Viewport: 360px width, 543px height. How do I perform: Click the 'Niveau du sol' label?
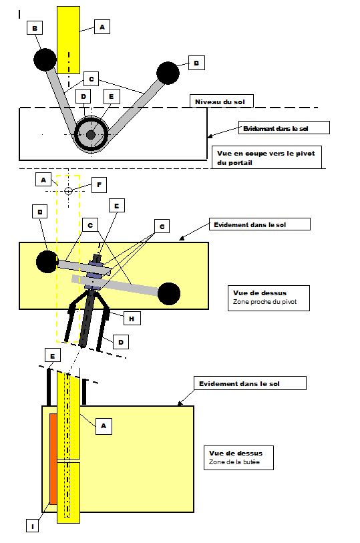[220, 102]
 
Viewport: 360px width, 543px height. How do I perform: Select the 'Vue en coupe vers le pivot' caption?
[266, 153]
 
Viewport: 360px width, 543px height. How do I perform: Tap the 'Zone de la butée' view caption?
[234, 462]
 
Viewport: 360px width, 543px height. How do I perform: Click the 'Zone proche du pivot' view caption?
[264, 302]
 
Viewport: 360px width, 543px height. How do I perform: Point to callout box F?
[99, 185]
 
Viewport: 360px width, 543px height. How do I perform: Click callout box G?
[162, 227]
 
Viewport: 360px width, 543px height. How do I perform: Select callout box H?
[131, 318]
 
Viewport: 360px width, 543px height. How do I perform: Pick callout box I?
[33, 526]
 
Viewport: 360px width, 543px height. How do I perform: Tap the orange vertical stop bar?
[53, 458]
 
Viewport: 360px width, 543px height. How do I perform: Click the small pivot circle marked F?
[69, 190]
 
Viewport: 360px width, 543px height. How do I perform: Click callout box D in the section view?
[83, 96]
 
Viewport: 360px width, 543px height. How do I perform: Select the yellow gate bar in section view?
[69, 40]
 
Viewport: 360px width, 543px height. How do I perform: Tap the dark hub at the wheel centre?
[91, 135]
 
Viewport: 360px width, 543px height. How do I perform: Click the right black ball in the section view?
[168, 73]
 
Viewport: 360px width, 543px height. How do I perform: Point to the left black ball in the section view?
[45, 59]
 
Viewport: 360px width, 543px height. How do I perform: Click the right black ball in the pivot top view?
[169, 294]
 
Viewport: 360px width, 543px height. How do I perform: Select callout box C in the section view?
[91, 79]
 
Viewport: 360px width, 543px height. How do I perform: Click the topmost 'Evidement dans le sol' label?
[276, 128]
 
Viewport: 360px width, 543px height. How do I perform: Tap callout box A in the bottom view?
[104, 426]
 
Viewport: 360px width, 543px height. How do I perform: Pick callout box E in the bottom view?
[53, 357]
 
